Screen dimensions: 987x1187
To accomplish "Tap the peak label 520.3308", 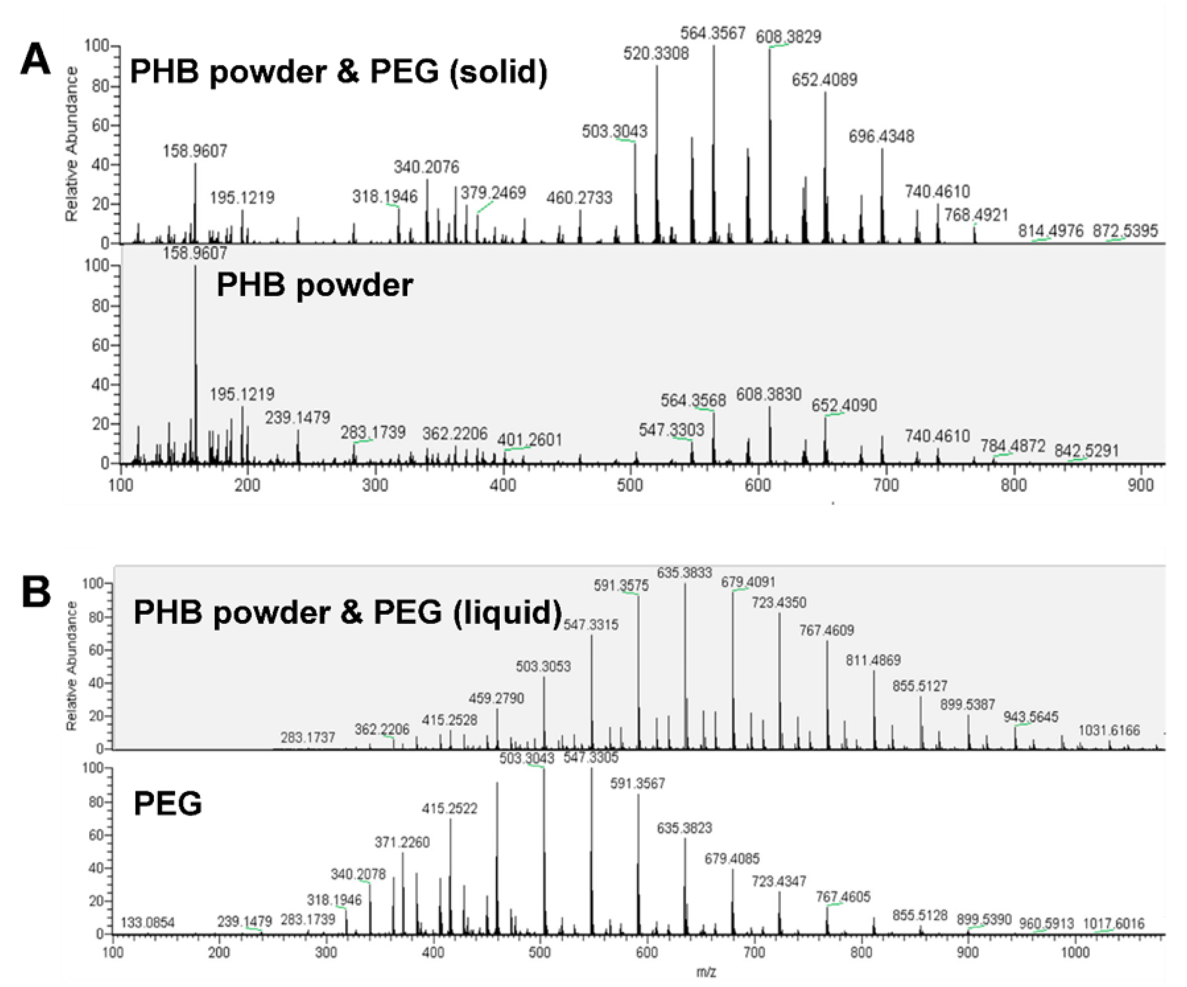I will click(656, 54).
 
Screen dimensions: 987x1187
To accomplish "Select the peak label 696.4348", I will click(881, 136).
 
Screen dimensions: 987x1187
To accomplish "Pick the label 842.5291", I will click(1086, 451).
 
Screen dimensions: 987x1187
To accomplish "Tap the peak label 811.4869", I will click(873, 660).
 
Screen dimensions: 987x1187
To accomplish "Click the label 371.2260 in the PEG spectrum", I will click(402, 842).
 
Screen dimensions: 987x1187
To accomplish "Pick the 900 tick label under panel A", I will click(1140, 485).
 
